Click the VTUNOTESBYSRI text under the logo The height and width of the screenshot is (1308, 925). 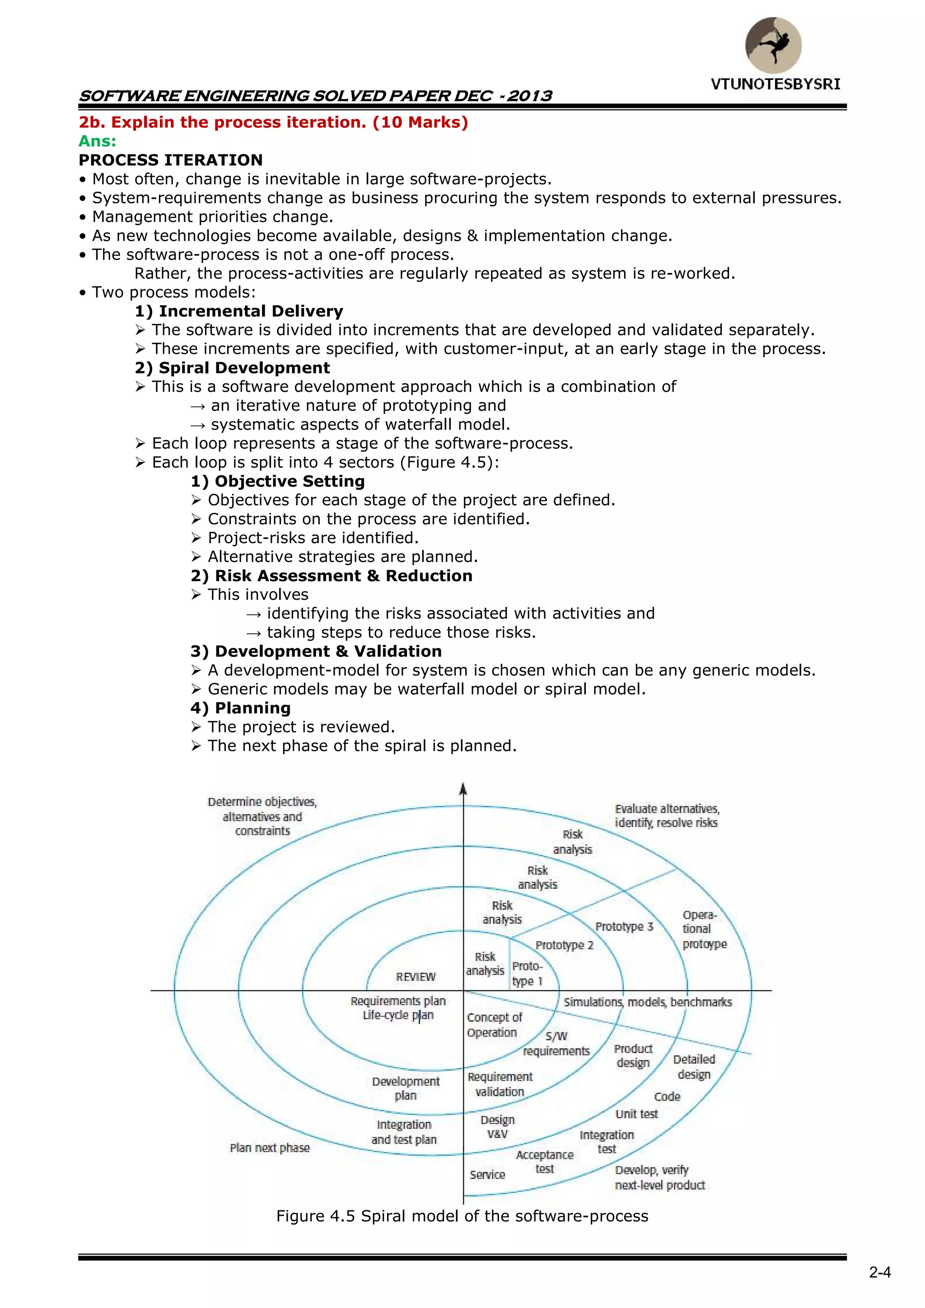pyautogui.click(x=775, y=84)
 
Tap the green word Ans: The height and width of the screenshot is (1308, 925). pyautogui.click(x=98, y=141)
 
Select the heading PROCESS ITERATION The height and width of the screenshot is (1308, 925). pyautogui.click(x=171, y=160)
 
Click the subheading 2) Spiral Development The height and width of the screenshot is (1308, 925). pyautogui.click(x=233, y=368)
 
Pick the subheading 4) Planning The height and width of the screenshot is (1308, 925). pyautogui.click(x=240, y=708)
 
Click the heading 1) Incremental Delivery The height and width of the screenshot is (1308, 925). pyautogui.click(x=239, y=311)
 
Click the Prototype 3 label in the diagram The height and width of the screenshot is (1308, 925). pyautogui.click(x=624, y=927)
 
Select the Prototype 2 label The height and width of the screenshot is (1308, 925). pyautogui.click(x=565, y=945)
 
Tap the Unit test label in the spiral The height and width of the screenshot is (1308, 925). pyautogui.click(x=636, y=1114)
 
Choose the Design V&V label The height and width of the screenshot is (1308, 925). pyautogui.click(x=497, y=1127)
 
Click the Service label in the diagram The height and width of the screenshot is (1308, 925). pyautogui.click(x=487, y=1175)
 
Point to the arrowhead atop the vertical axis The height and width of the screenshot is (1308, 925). pyautogui.click(x=463, y=789)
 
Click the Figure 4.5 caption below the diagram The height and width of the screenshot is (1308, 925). pyautogui.click(x=462, y=1216)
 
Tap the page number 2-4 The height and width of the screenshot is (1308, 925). pyautogui.click(x=879, y=1273)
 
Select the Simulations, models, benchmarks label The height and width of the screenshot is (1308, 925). pyautogui.click(x=648, y=1002)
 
